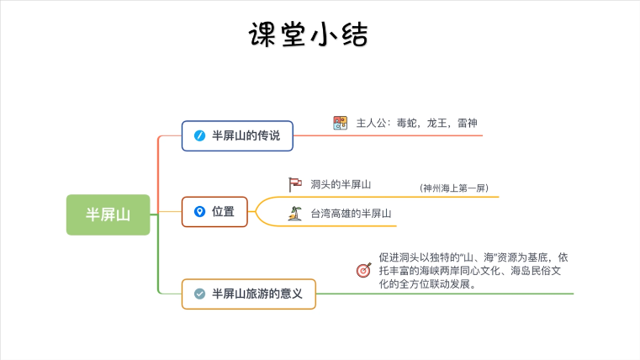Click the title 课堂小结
pos(309,34)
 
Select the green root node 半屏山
pos(108,214)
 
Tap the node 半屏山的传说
pos(237,135)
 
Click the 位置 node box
pos(214,211)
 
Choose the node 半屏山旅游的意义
pos(249,294)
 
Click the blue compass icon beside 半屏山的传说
pos(199,135)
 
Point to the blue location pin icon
pos(199,211)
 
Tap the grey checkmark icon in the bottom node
pos(199,294)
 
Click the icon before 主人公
pos(340,123)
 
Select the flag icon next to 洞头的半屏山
pos(295,183)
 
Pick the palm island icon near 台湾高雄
pos(295,214)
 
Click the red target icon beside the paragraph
pos(363,270)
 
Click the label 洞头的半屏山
pos(341,184)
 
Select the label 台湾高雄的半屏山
pos(351,214)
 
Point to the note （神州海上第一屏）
pos(454,188)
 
